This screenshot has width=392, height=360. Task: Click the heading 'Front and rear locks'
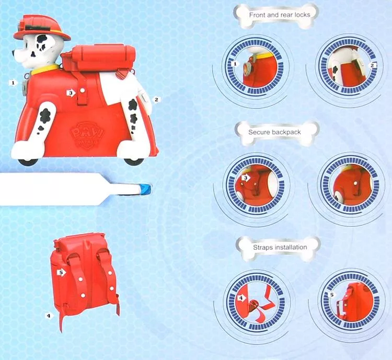point(280,15)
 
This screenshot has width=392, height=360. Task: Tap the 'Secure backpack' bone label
point(274,132)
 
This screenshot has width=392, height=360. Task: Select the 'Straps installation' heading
point(280,247)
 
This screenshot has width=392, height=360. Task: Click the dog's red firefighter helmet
point(42,28)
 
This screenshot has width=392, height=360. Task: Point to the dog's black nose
point(13,53)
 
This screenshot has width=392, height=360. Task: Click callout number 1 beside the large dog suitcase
point(13,83)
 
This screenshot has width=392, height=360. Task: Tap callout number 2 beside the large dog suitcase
point(156,99)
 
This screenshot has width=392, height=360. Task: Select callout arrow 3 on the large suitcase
point(71,93)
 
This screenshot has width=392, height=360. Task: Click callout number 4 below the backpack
point(49,316)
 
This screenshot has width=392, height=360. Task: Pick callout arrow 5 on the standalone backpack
point(62,272)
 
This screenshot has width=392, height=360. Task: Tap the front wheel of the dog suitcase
point(29,162)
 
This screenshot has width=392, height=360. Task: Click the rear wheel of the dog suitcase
point(134,161)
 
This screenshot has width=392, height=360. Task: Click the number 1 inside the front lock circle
point(235,64)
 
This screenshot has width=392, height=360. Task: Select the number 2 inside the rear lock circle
point(372,65)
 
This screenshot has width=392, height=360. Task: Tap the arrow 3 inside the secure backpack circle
point(246,178)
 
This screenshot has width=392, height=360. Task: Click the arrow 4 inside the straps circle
point(241,298)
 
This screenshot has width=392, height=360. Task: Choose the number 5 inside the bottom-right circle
point(332,295)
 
